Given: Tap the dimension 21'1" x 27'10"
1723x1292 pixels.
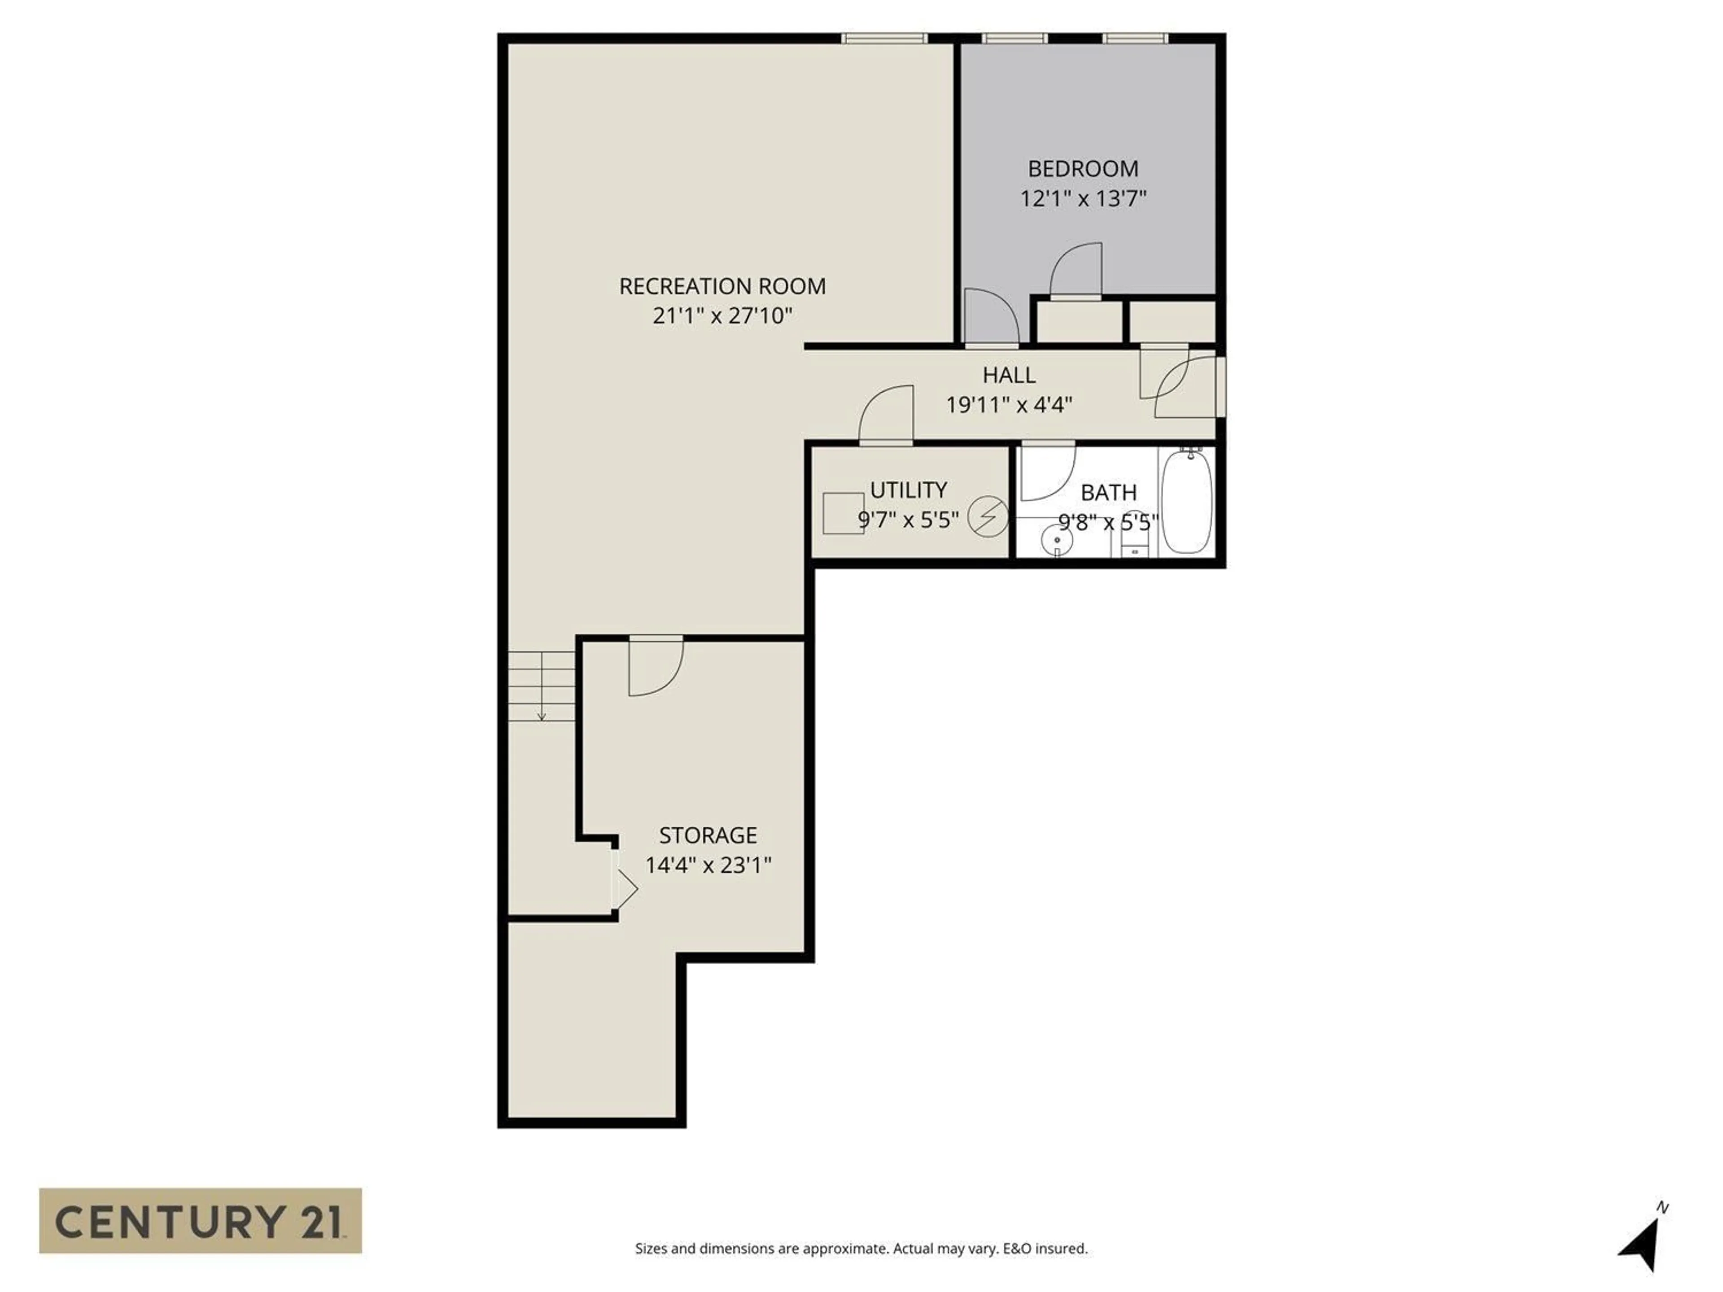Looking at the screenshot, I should tap(722, 315).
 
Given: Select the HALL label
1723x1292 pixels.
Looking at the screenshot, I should tap(1009, 375).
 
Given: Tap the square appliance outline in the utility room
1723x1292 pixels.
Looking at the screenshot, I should tap(843, 512).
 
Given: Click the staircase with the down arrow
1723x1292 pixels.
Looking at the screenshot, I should tap(542, 685).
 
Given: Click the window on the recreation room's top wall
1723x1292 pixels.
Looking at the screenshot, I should tap(884, 38).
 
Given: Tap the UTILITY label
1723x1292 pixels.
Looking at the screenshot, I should tap(908, 490).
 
